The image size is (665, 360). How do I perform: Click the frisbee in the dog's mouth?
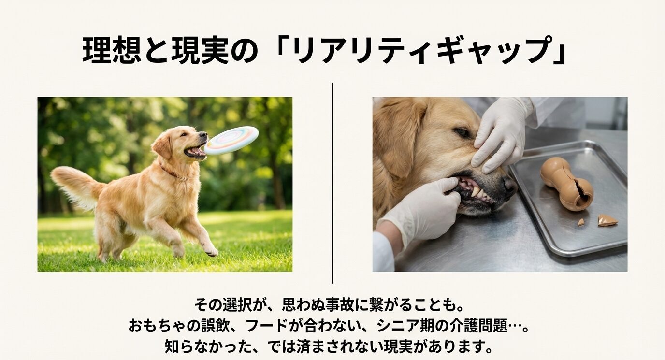[232, 140]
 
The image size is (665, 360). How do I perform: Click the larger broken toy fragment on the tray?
[607, 220]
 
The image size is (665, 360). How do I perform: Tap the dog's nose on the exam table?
[509, 186]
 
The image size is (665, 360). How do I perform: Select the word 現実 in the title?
[200, 51]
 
